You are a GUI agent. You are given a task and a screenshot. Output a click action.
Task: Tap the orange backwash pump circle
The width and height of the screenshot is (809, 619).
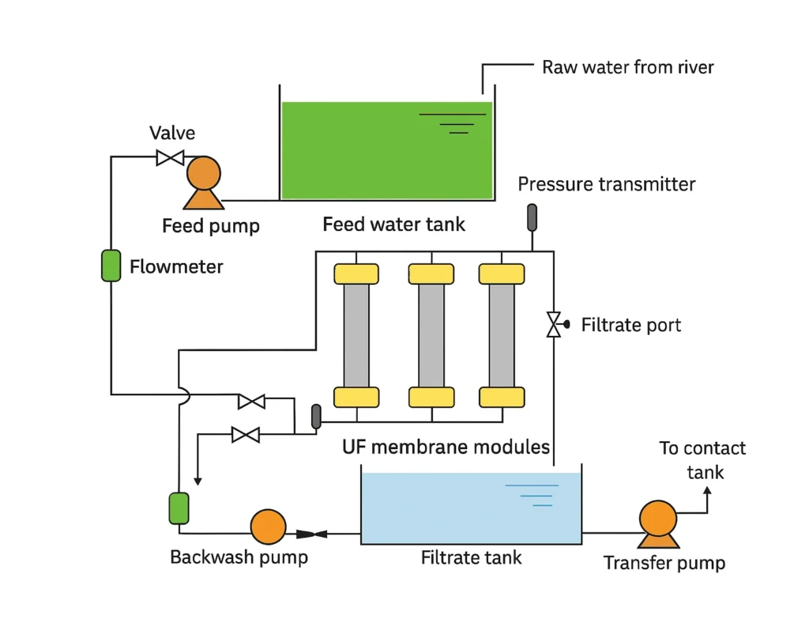tap(268, 527)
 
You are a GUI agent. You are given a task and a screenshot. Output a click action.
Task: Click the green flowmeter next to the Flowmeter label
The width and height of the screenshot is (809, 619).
tap(111, 265)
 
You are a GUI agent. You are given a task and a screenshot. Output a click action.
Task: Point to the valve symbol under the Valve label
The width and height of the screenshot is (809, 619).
tap(170, 157)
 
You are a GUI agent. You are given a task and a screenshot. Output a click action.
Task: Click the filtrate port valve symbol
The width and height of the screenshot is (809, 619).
tap(554, 324)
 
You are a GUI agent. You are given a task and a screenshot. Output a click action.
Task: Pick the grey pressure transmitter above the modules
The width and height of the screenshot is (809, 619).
tap(532, 217)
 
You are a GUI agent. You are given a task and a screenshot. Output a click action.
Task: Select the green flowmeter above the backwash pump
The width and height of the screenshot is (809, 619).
tap(179, 508)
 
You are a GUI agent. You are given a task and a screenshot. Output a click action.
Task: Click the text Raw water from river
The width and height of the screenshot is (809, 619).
tap(627, 67)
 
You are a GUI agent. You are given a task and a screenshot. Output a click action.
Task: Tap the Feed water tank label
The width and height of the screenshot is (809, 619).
tap(393, 225)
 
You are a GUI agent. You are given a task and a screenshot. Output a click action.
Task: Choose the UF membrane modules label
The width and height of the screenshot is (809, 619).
tap(446, 447)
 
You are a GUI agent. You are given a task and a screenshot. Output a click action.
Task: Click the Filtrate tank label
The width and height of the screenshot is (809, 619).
tap(471, 558)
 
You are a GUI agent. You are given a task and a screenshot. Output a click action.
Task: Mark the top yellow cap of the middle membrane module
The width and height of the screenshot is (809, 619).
tap(431, 274)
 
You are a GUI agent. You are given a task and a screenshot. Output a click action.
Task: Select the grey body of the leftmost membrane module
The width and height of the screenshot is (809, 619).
tap(356, 335)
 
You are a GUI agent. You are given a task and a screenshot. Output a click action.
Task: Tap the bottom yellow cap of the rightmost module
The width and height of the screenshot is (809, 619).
tap(502, 396)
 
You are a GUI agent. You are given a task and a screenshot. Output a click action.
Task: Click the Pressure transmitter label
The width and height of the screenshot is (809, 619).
tap(606, 185)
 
